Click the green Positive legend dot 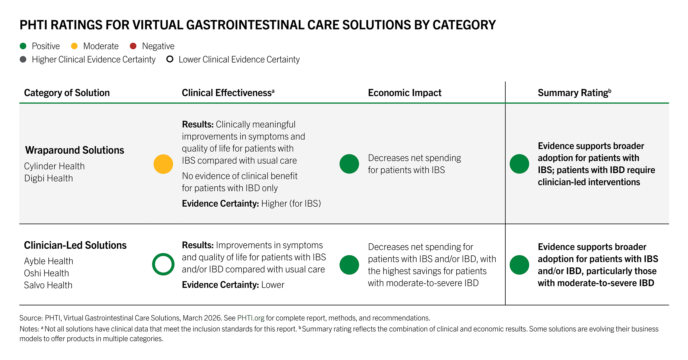[23, 46]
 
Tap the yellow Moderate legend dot [74, 46]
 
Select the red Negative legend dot [133, 46]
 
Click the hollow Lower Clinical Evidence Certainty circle [170, 59]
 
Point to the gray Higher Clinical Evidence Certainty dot [23, 59]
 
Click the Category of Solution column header [67, 93]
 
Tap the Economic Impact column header [404, 93]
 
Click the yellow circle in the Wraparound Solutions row [163, 164]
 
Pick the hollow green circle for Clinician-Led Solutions [163, 264]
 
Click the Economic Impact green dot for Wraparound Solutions [349, 164]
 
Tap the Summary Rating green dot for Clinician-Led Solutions [519, 265]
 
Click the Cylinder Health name [54, 166]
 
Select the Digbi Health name [48, 178]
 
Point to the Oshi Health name [46, 273]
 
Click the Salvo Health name [48, 285]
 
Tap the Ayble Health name [48, 261]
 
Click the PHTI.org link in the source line [251, 318]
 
